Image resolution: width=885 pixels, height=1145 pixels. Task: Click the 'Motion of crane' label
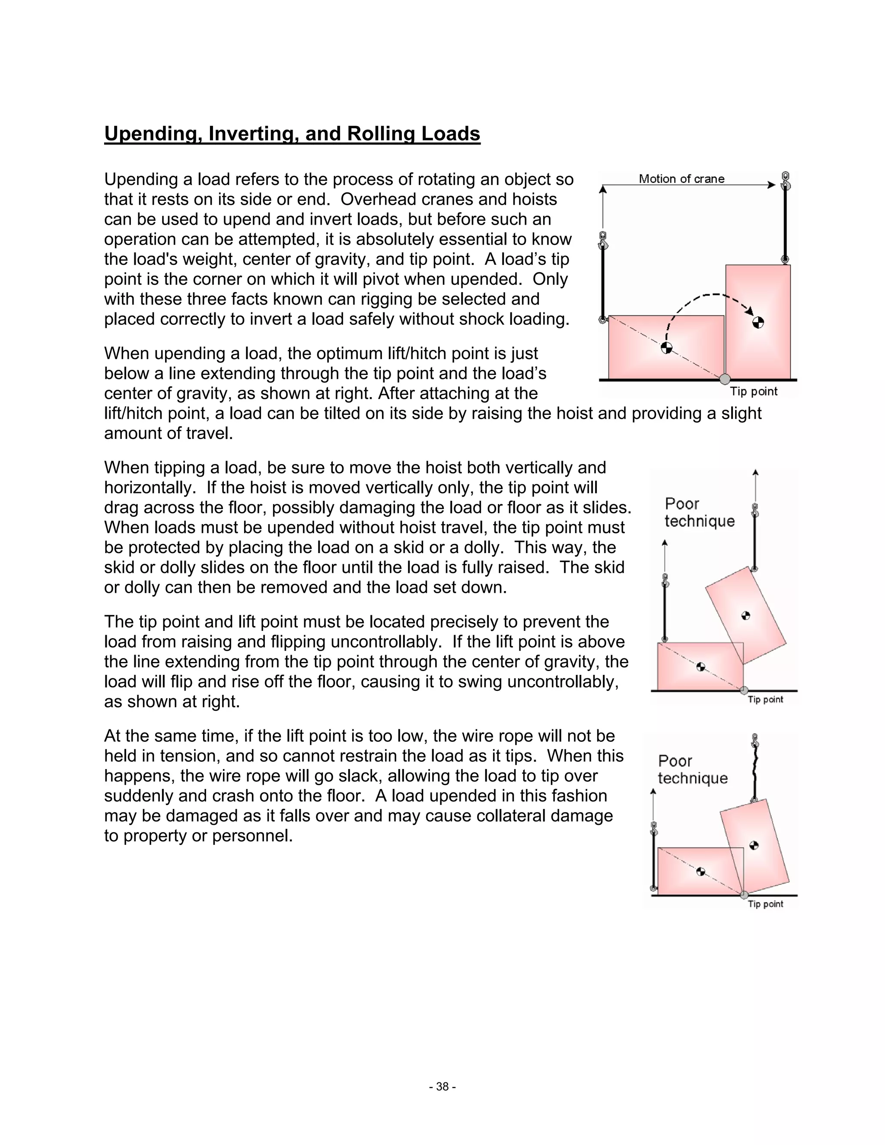pos(681,179)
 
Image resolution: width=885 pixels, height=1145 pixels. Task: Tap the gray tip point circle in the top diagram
pos(725,379)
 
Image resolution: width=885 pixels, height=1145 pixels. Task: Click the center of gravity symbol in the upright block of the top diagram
pos(758,322)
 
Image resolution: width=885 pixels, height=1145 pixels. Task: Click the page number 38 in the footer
pos(442,1087)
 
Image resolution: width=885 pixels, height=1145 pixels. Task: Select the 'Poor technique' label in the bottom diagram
pos(692,769)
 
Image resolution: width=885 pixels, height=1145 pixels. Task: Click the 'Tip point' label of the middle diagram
pos(765,700)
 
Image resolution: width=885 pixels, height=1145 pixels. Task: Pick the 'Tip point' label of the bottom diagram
pos(765,904)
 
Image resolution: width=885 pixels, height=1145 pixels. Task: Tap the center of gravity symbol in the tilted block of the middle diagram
pos(746,615)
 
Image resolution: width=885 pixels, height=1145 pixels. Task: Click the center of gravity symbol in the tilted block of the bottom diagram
pos(753,845)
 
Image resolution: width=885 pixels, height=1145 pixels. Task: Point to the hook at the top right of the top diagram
pos(785,180)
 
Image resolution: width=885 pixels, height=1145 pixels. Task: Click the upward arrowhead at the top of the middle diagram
pos(755,472)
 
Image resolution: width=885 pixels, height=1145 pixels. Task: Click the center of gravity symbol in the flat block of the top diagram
pos(666,347)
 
